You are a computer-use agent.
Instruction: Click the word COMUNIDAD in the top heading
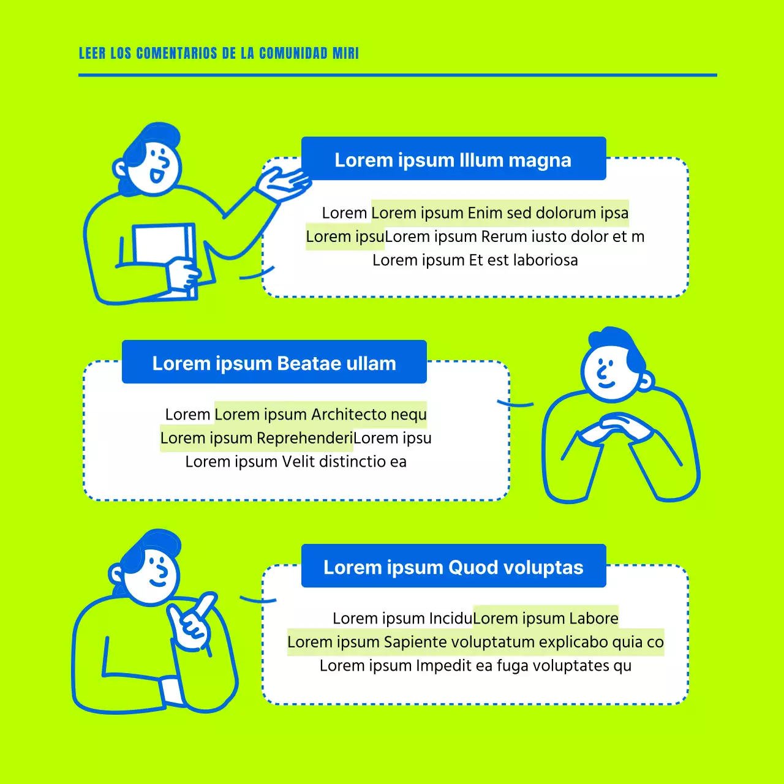293,53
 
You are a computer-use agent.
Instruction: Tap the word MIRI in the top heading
345,53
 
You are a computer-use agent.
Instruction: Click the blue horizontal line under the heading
398,75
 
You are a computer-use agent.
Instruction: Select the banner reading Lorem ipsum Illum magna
453,159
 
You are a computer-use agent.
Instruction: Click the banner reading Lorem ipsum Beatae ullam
274,363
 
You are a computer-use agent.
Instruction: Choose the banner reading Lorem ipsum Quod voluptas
453,567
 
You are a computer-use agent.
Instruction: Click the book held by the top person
160,245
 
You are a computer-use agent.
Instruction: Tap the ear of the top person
121,168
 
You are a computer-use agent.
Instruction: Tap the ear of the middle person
645,381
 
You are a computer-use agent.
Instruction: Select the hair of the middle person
619,343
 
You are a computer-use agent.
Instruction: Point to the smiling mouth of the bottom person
158,582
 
